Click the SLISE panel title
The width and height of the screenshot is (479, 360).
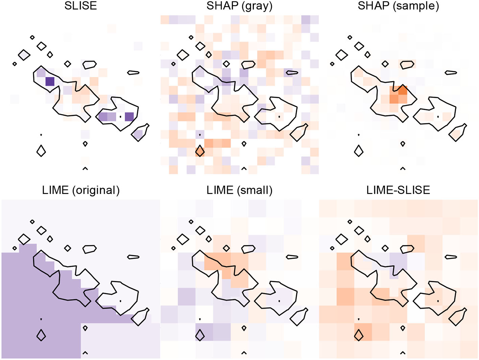point(80,6)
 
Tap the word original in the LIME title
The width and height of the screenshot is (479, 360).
point(96,190)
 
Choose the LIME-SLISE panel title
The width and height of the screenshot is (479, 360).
point(398,190)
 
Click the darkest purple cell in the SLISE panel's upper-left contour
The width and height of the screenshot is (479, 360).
point(50,81)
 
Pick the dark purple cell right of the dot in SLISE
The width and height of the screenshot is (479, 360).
point(129,117)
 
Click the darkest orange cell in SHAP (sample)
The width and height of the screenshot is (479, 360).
point(403,90)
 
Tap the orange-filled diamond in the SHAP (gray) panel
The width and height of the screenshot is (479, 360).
point(200,151)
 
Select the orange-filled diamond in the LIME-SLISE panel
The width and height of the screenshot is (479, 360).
point(359,335)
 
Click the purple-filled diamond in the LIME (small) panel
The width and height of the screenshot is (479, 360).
point(200,335)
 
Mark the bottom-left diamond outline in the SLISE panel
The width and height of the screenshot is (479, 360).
point(41,151)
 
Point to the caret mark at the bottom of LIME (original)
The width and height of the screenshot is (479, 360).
point(85,353)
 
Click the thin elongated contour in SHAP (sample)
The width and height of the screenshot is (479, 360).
point(451,73)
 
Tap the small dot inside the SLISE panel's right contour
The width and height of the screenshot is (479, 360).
point(120,117)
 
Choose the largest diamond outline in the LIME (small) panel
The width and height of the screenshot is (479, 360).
point(183,239)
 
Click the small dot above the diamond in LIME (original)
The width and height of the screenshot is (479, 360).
point(41,319)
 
